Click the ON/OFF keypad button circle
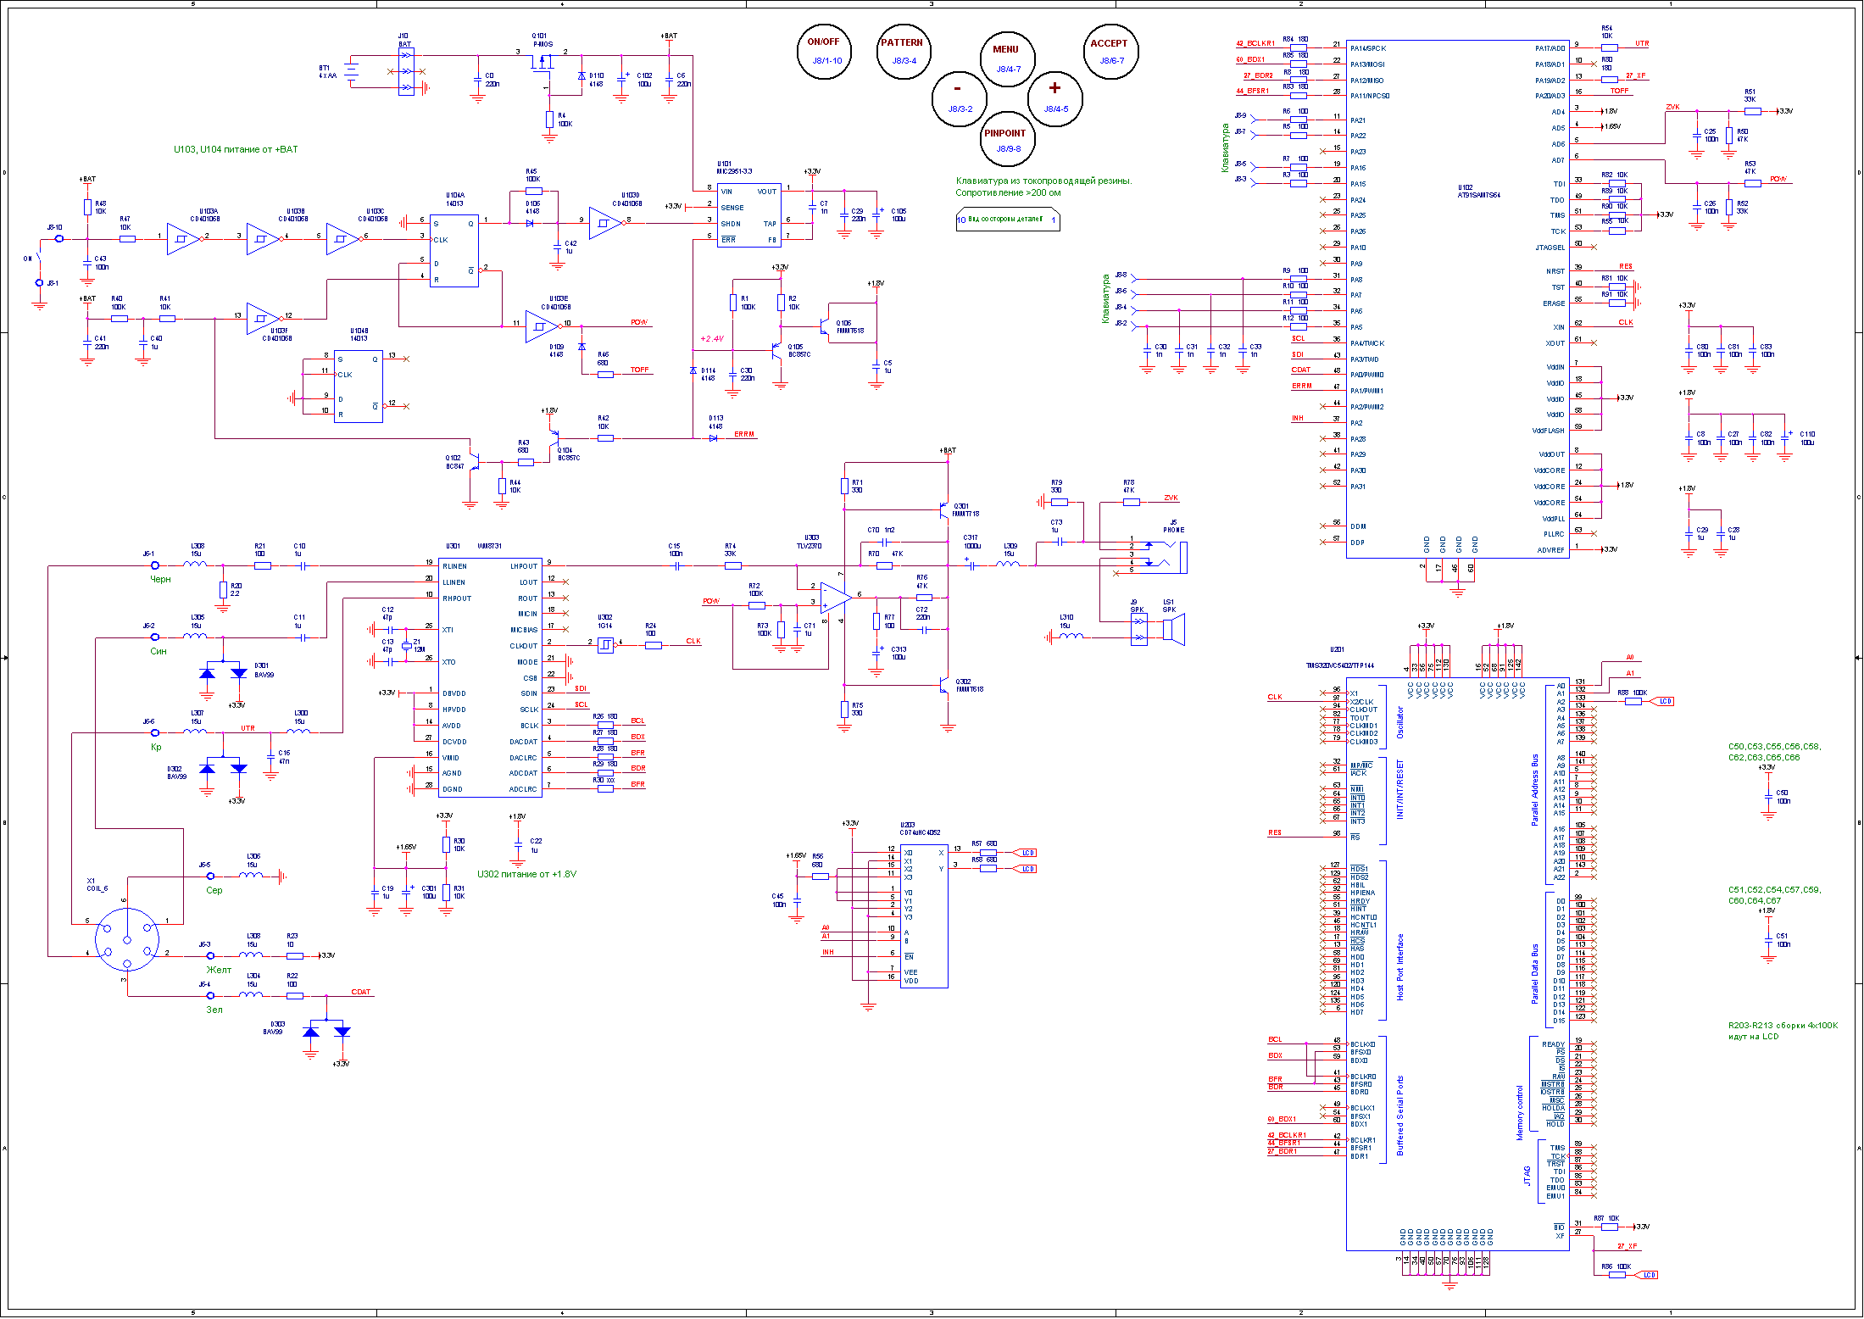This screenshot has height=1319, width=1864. [823, 51]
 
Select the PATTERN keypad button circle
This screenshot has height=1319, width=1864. [903, 52]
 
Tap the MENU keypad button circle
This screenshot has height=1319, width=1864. [1007, 58]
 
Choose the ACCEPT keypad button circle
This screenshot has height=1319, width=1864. [1110, 52]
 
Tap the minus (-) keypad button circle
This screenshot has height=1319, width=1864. [959, 98]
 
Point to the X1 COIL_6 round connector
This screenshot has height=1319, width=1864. [126, 939]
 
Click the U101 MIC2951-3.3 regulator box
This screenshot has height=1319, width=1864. [748, 215]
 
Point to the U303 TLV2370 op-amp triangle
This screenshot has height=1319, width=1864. [836, 598]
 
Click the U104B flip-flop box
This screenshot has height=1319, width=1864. [359, 386]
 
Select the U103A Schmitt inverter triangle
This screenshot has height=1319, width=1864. [183, 239]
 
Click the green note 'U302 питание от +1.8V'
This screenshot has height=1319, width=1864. [526, 874]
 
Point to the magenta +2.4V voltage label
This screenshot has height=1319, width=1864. [712, 339]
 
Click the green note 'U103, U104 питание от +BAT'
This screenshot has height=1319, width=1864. [236, 149]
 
